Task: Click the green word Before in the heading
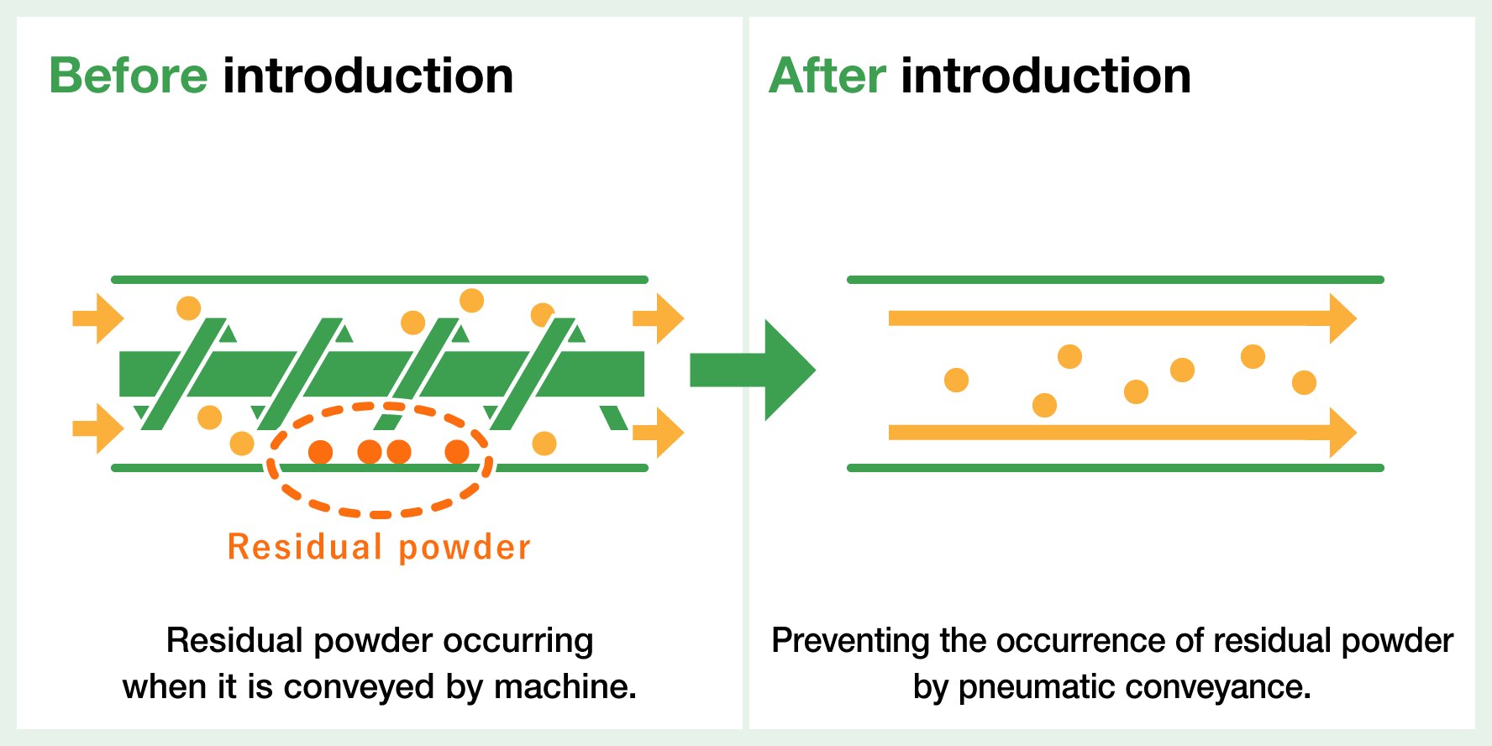128,76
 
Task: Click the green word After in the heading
827,76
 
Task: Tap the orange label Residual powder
379,548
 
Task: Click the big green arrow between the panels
752,370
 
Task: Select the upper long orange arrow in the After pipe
1122,318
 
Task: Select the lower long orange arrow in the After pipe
1122,433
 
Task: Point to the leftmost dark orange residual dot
320,452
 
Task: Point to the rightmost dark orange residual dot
457,452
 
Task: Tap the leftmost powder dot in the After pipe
956,381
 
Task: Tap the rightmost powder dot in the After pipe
1304,383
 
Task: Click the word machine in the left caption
565,687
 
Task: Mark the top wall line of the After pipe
1115,280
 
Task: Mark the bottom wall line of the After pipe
1115,468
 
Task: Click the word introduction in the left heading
368,76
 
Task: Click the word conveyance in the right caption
1218,687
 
